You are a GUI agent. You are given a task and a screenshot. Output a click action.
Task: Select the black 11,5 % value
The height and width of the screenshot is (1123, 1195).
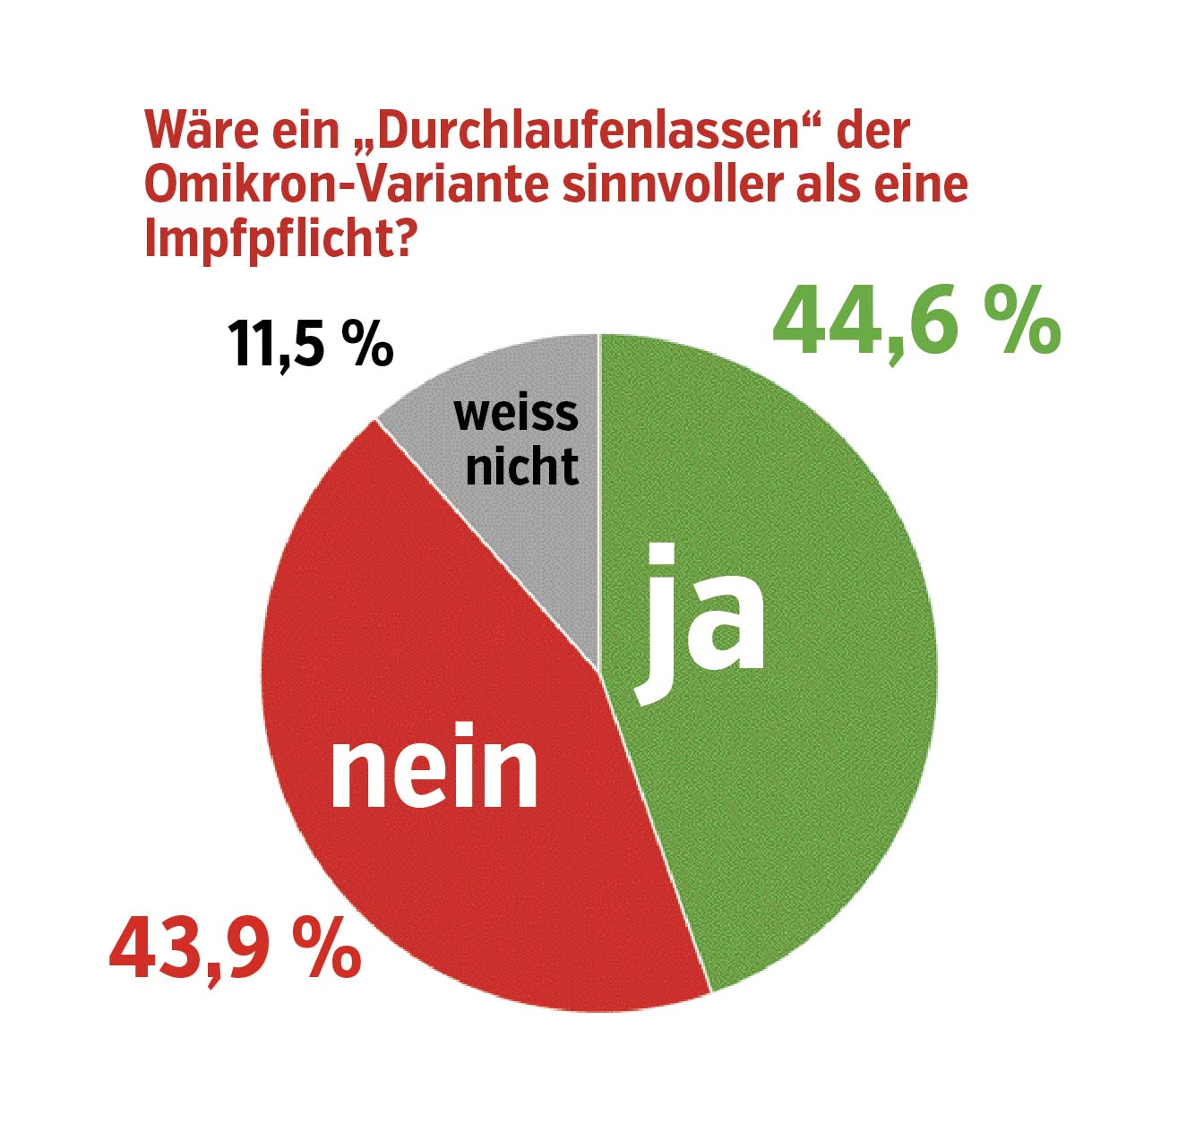pyautogui.click(x=310, y=344)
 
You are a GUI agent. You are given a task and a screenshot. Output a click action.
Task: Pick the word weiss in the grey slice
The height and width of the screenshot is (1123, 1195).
pyautogui.click(x=516, y=414)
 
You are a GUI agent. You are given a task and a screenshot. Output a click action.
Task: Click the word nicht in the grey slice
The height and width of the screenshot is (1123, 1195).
pyautogui.click(x=522, y=466)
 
